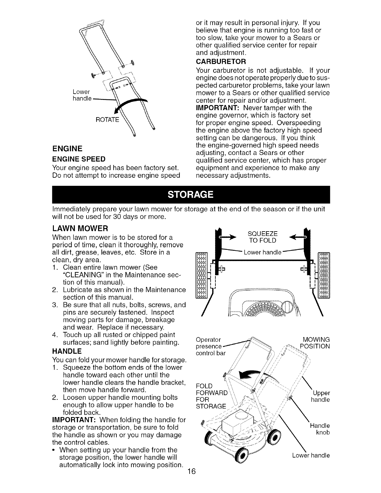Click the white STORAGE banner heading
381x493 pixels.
190,195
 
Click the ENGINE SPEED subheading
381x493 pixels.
79,159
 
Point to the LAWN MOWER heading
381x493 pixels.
80,228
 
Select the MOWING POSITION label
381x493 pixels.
314,343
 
